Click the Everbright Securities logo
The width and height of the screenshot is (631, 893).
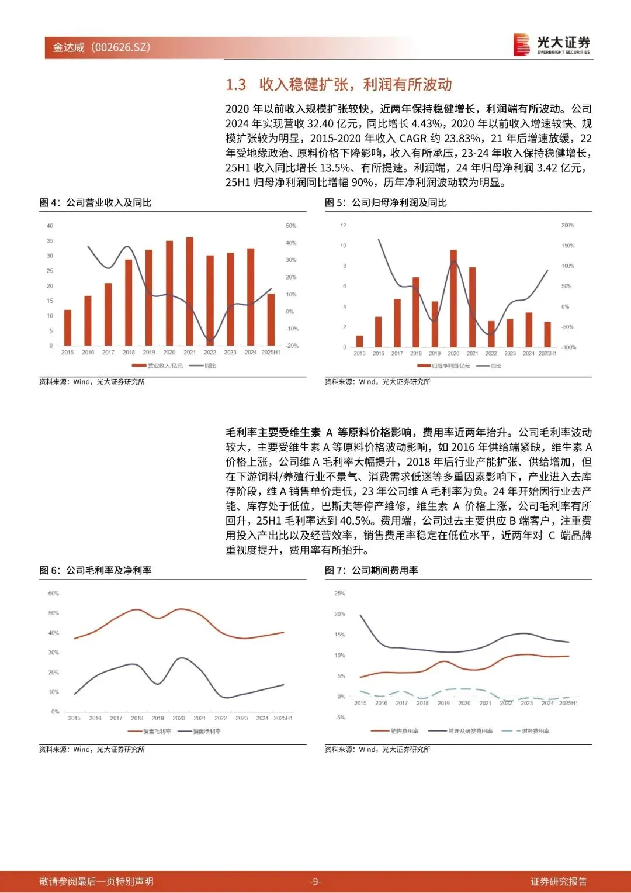pyautogui.click(x=552, y=44)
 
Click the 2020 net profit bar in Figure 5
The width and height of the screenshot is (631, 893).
pyautogui.click(x=453, y=298)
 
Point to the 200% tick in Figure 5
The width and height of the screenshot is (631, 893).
pyautogui.click(x=567, y=226)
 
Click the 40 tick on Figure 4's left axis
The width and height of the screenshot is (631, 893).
pyautogui.click(x=50, y=226)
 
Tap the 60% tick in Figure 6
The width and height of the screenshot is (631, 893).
pyautogui.click(x=53, y=594)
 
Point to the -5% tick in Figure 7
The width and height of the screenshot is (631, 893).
pyautogui.click(x=340, y=718)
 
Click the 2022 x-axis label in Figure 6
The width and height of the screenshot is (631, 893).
pyautogui.click(x=220, y=718)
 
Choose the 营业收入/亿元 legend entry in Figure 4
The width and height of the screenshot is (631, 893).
pyautogui.click(x=158, y=366)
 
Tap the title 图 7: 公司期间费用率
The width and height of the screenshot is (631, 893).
pyautogui.click(x=372, y=570)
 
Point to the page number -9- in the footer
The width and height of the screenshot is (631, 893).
pyautogui.click(x=315, y=881)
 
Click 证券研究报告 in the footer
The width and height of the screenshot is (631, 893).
pyautogui.click(x=558, y=881)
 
